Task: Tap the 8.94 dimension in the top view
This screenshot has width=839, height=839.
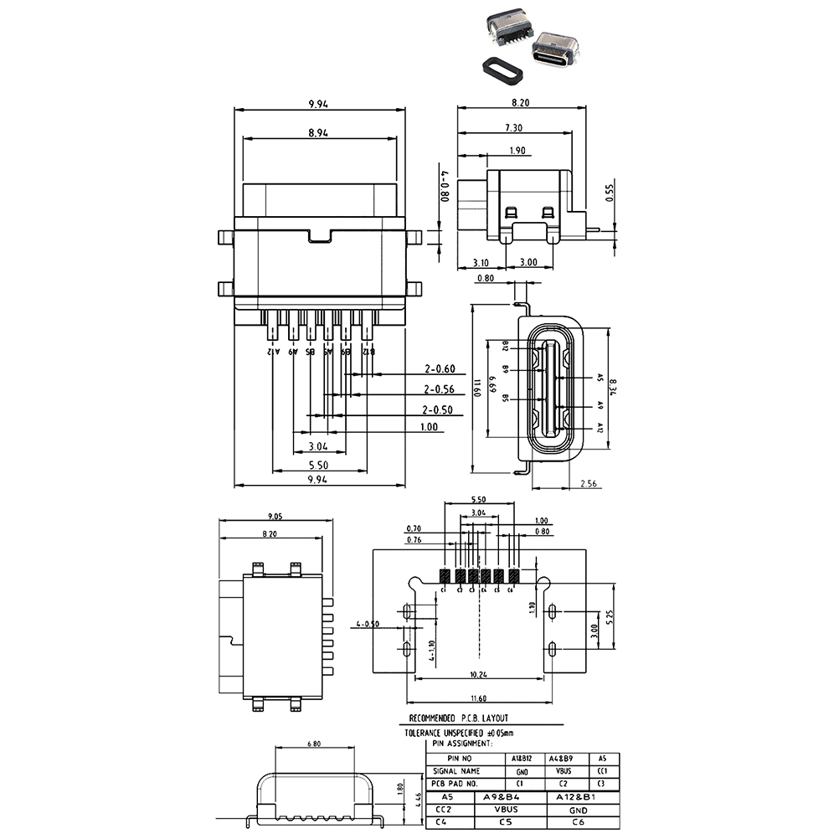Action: click(x=317, y=132)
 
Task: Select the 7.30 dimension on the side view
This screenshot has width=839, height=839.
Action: click(x=513, y=127)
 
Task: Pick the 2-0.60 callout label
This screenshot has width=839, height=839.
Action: click(x=439, y=368)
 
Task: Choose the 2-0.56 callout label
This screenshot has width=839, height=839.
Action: click(x=439, y=389)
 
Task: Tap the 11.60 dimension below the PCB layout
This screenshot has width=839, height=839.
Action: click(x=478, y=698)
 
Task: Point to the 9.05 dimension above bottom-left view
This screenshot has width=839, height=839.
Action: click(x=275, y=516)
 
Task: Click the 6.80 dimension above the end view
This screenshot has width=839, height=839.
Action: click(x=315, y=743)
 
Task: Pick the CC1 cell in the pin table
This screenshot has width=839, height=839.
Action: click(x=602, y=770)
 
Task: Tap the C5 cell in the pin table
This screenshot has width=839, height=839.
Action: click(x=505, y=822)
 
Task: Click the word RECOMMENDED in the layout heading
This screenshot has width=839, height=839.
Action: click(x=432, y=718)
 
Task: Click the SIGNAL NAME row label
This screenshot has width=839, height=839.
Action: click(x=456, y=770)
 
